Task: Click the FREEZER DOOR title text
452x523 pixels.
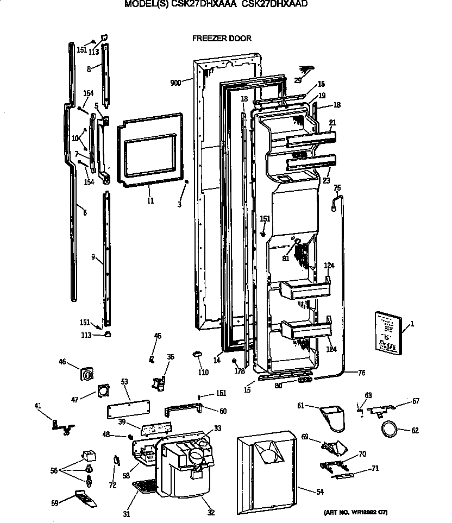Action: pos(222,39)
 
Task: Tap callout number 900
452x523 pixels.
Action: pos(175,83)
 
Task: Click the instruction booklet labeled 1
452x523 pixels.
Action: pos(389,333)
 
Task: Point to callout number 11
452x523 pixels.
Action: pos(150,200)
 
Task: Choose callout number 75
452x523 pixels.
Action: pos(337,188)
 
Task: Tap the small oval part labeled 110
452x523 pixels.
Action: pos(197,354)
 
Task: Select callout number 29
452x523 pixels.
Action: pos(298,80)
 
